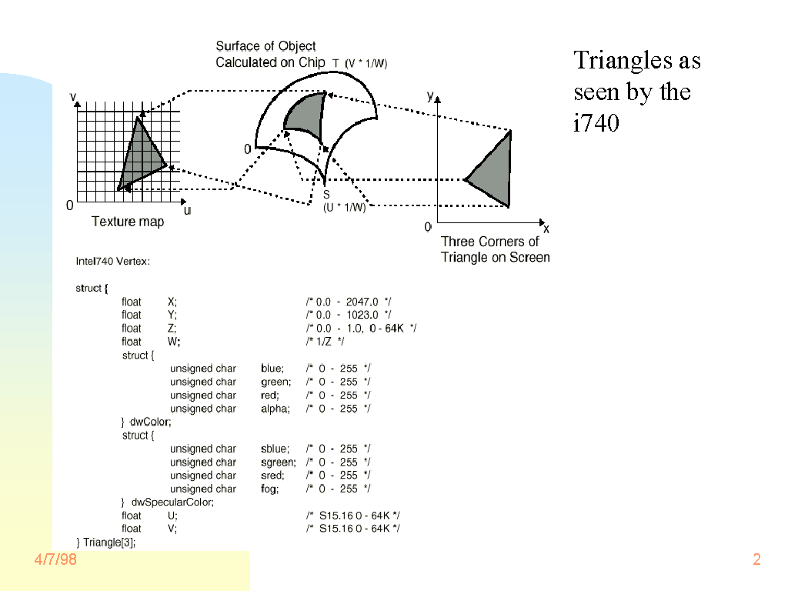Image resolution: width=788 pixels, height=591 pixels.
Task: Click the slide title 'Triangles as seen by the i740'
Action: [x=637, y=92]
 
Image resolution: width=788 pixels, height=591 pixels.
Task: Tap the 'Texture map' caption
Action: [x=128, y=222]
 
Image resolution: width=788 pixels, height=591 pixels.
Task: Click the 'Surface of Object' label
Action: [x=265, y=46]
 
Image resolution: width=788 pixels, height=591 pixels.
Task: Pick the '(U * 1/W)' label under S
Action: [x=344, y=208]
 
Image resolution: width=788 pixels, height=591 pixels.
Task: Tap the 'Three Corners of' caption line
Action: [x=490, y=242]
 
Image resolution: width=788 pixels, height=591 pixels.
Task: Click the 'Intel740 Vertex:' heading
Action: [x=113, y=262]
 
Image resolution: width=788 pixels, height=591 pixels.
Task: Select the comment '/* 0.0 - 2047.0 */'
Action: [x=349, y=302]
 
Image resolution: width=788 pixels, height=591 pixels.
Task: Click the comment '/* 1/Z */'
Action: [x=326, y=342]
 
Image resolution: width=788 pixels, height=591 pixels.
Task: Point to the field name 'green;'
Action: [x=276, y=382]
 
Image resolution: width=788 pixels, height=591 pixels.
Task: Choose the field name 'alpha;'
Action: [x=275, y=409]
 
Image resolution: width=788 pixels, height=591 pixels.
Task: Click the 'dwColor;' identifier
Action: [x=150, y=422]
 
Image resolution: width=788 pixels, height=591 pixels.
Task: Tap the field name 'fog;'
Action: [x=270, y=489]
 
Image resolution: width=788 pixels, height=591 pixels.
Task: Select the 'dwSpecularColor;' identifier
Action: [x=172, y=503]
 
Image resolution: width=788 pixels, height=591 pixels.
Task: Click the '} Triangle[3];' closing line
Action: [x=106, y=543]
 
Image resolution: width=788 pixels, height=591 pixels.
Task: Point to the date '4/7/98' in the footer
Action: [x=55, y=559]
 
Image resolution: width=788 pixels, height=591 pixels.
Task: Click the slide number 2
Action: [x=757, y=559]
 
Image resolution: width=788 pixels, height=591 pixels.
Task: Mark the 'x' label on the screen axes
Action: [x=546, y=229]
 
